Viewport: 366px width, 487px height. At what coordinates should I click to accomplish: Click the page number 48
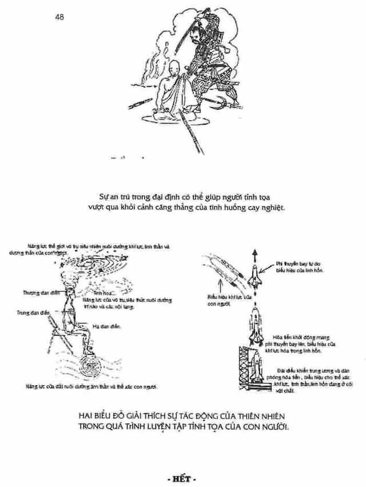59,17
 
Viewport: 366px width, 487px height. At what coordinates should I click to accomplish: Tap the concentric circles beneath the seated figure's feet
90,365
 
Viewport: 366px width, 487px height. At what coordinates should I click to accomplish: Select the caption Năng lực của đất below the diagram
91,387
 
